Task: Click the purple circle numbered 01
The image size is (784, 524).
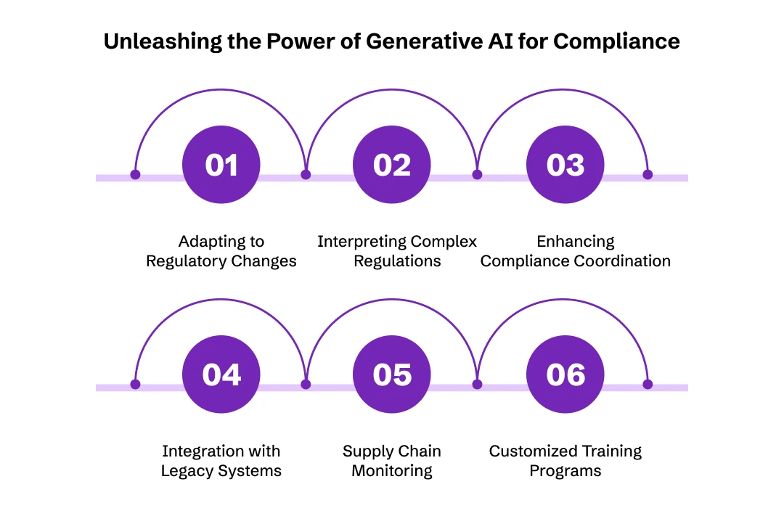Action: click(x=221, y=165)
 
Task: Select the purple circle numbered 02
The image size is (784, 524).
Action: click(x=392, y=165)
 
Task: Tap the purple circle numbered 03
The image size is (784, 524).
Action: click(x=565, y=165)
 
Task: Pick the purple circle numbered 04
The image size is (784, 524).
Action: click(x=221, y=375)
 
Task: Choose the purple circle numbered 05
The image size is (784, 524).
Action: click(x=392, y=375)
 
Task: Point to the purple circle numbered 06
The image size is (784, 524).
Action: click(x=565, y=375)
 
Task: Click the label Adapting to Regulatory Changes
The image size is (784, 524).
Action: click(x=221, y=251)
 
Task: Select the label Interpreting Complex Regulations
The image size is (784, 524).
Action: click(x=397, y=251)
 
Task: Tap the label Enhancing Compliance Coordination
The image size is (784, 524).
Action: click(x=576, y=251)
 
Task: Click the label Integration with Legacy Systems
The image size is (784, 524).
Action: click(x=221, y=461)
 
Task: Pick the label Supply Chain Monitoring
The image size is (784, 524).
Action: click(x=392, y=461)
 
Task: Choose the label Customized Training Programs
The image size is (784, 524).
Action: click(x=565, y=461)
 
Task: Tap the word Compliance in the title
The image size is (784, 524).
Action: click(x=616, y=41)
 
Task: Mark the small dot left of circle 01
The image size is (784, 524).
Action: click(x=135, y=175)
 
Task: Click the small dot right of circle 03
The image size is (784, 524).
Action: click(x=648, y=175)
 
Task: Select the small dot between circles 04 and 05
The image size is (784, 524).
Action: click(x=306, y=385)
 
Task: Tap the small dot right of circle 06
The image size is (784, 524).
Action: click(x=648, y=385)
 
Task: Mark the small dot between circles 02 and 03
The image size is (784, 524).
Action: click(x=477, y=175)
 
